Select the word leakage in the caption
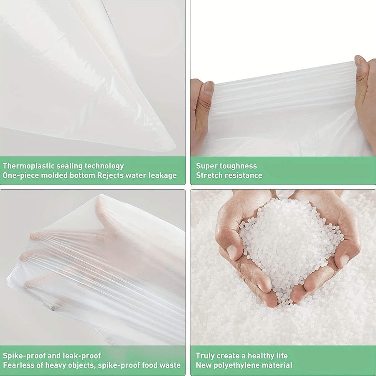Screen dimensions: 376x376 pyautogui.click(x=163, y=175)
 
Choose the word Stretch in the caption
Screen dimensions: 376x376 pyautogui.click(x=208, y=175)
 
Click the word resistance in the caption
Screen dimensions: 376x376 pyautogui.click(x=243, y=175)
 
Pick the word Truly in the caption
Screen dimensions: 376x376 pyautogui.click(x=204, y=356)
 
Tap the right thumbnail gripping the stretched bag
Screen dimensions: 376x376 pyautogui.click(x=358, y=62)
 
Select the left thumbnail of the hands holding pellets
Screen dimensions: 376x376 pyautogui.click(x=232, y=252)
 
